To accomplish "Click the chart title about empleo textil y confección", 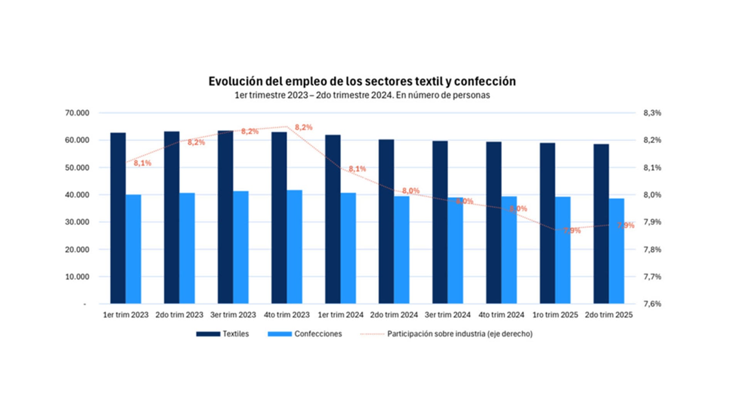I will tap(362, 81).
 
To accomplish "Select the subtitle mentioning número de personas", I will tap(362, 95).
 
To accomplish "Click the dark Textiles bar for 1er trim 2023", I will tap(118, 218).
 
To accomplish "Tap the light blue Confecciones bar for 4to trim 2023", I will tap(294, 247).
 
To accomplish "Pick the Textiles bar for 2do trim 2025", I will tap(601, 223).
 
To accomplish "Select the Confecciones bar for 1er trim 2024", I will tap(348, 248).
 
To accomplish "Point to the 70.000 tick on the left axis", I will tap(77, 113).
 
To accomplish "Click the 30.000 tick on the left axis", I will tap(77, 222).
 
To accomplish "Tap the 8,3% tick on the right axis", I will tap(652, 113).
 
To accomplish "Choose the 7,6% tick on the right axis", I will tap(652, 304).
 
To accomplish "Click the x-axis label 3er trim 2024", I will tap(447, 315).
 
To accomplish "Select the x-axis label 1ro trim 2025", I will tap(555, 315).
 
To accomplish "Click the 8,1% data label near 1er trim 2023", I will tap(142, 163).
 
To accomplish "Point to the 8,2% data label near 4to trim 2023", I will tap(303, 127).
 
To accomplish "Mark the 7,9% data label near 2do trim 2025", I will tap(625, 225).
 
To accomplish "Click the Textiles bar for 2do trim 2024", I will tap(386, 221).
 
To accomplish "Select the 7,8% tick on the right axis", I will tap(652, 250).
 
